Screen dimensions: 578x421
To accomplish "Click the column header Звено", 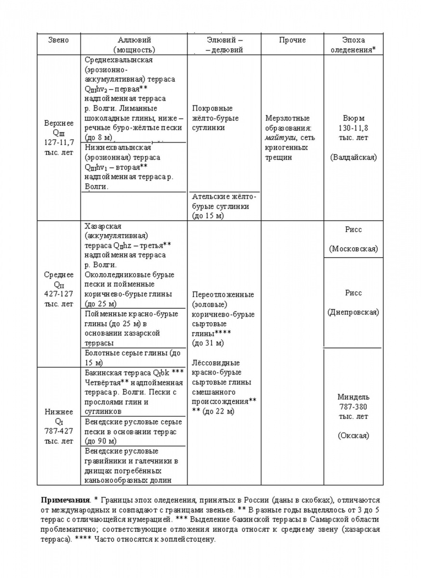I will point(58,40).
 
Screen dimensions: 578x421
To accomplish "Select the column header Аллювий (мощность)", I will point(134,44).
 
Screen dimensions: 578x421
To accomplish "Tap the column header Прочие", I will point(292,40).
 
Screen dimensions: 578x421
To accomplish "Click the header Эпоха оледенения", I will point(353,44).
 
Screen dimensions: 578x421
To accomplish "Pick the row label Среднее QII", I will point(58,279).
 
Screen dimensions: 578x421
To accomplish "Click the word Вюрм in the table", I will point(353,118).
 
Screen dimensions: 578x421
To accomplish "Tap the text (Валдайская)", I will point(353,157).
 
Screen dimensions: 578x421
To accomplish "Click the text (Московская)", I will point(353,249).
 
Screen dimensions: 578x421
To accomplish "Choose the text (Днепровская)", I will point(353,312).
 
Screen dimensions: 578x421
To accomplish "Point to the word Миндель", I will point(353,397).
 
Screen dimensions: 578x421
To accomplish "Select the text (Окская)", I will point(353,435).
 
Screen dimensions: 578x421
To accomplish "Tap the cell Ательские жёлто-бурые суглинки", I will point(224,206).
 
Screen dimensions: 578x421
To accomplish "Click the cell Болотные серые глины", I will point(132,358).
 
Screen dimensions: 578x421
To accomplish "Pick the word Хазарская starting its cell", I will point(102,226).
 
